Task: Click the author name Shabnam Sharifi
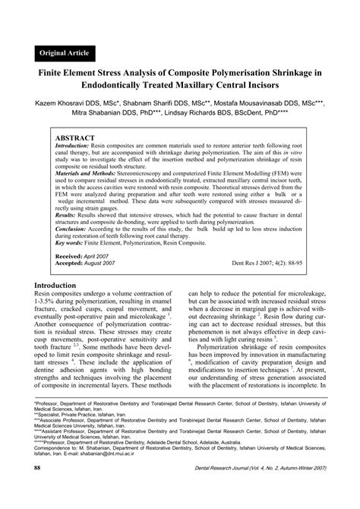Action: pyautogui.click(x=175, y=101)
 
